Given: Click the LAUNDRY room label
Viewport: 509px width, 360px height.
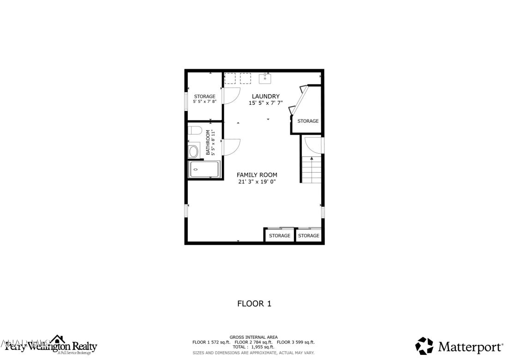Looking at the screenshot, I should [265, 96].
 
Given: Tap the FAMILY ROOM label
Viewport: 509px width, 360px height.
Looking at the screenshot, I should [257, 174].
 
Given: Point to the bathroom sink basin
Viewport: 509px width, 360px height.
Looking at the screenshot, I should [193, 151].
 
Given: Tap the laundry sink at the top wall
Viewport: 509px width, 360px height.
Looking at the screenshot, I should [265, 78].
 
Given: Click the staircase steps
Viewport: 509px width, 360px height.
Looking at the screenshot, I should [311, 169].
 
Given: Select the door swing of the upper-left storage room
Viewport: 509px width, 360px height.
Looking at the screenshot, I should [231, 95].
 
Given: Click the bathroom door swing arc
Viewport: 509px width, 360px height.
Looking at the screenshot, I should [231, 147].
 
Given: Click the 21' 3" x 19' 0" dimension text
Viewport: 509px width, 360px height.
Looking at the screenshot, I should [257, 182].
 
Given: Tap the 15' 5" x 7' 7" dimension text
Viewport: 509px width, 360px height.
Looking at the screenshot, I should [265, 103].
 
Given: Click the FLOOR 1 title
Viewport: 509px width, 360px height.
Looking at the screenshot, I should [254, 304].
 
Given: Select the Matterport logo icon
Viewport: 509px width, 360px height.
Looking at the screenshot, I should [424, 346].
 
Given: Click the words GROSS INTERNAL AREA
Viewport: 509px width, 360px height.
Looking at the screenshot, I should [253, 337].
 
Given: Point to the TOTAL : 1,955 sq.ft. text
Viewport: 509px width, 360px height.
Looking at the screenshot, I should [253, 347].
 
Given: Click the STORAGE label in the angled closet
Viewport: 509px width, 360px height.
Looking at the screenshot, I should [308, 121].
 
